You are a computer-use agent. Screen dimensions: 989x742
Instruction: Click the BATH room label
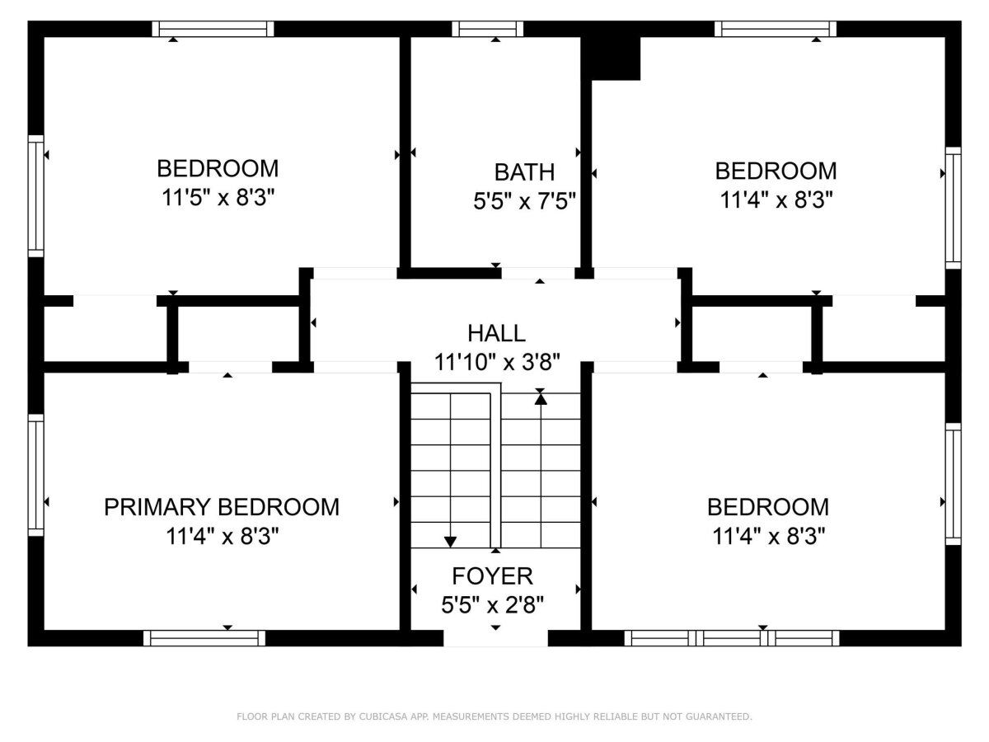(524, 172)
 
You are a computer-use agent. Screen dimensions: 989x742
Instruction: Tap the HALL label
(496, 333)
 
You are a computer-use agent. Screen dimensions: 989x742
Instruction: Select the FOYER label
(492, 575)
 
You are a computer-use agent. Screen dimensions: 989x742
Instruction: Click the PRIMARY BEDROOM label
(221, 507)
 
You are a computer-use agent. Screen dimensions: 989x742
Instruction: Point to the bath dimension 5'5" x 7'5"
(524, 201)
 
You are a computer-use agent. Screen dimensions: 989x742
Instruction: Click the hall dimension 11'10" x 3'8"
(496, 362)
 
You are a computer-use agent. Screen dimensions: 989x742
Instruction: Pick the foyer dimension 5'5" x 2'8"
(492, 604)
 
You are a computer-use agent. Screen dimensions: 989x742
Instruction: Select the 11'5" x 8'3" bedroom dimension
(218, 197)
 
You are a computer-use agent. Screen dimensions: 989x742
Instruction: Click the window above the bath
(488, 29)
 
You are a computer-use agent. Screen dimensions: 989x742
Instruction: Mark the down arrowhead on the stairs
(450, 542)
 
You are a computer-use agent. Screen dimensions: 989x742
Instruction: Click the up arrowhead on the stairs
(541, 399)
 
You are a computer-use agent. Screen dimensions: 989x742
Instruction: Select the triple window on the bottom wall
(732, 638)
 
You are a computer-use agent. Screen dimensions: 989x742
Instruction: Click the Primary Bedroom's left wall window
(36, 476)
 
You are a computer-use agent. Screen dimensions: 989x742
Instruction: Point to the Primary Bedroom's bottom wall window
(204, 638)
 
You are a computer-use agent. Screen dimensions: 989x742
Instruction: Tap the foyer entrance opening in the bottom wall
(495, 638)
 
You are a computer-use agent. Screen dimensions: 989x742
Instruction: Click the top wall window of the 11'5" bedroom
(213, 29)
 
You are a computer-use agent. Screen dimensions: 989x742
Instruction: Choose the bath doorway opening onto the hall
(538, 273)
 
